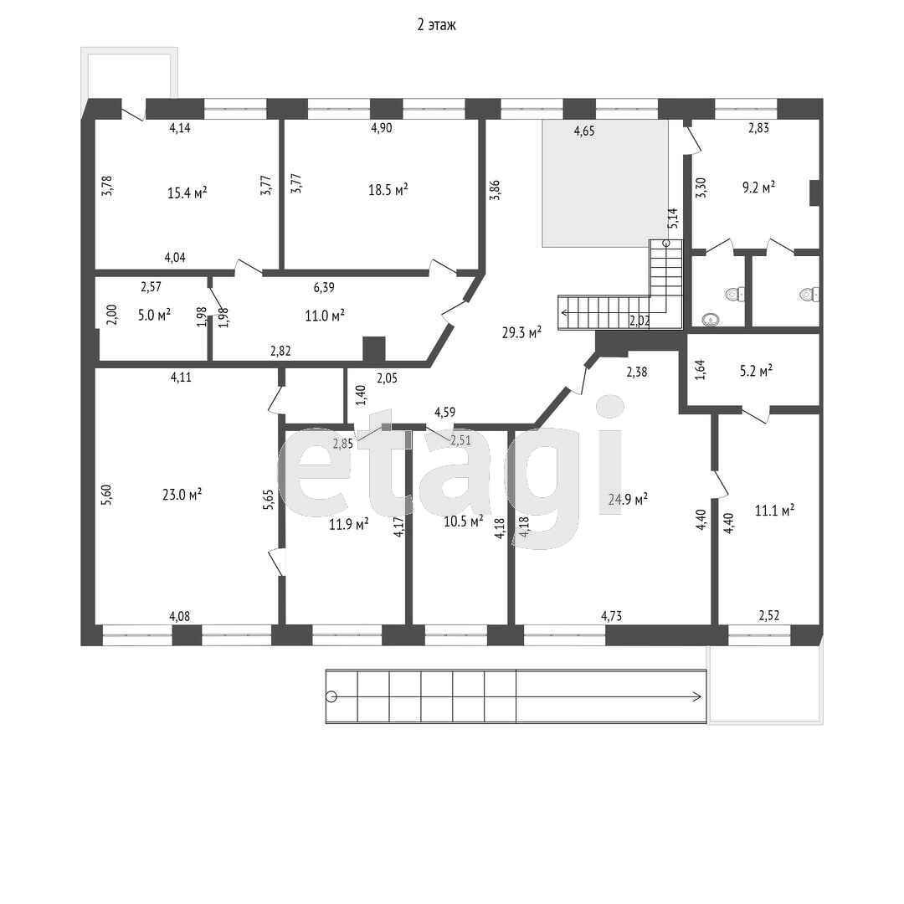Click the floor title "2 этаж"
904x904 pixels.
click(x=436, y=25)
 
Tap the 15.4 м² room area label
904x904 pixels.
click(x=187, y=192)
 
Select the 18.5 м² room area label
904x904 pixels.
click(x=388, y=189)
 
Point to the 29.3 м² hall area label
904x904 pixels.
click(x=521, y=332)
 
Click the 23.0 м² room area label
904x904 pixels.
click(x=182, y=494)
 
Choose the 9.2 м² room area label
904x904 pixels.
click(x=758, y=187)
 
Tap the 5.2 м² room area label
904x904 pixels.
click(x=757, y=371)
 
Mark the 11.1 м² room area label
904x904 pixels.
click(x=775, y=510)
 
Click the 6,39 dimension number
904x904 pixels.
click(x=324, y=287)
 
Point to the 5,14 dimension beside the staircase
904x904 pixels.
click(x=673, y=218)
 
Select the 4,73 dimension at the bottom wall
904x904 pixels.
click(x=612, y=616)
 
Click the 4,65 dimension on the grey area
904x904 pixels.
click(x=584, y=131)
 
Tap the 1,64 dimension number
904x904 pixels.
click(x=700, y=370)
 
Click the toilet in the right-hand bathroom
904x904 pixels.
click(x=810, y=295)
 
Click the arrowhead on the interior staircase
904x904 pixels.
click(x=563, y=313)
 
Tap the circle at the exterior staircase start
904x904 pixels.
click(x=331, y=696)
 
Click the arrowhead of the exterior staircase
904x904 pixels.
click(x=697, y=696)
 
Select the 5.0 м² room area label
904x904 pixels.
click(x=155, y=315)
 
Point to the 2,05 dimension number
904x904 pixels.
click(x=387, y=379)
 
